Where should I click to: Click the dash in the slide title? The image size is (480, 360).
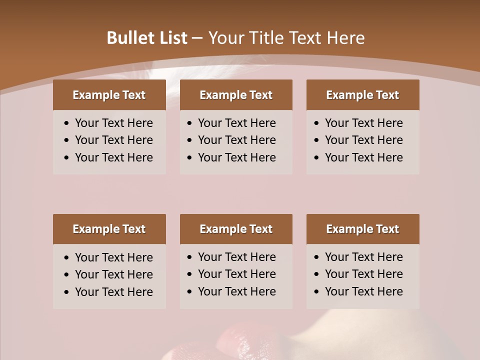tap(197, 38)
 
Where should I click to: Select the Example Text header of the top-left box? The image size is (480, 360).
tap(109, 95)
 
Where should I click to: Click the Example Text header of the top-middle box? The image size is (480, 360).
tap(236, 95)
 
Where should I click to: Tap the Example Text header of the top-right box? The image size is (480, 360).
tap(362, 95)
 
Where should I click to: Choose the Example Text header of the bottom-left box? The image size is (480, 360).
tap(109, 229)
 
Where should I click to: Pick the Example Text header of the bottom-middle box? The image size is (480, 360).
tap(236, 229)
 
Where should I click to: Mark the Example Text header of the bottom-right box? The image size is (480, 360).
tap(362, 229)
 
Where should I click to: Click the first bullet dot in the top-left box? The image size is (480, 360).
tap(67, 123)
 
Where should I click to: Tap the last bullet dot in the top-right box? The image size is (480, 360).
tap(317, 158)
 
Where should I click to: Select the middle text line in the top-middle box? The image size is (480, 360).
tap(236, 140)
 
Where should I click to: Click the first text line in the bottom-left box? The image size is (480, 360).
tap(114, 257)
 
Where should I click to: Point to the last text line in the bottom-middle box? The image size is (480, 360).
tap(236, 291)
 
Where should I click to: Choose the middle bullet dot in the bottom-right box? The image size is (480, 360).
tap(317, 274)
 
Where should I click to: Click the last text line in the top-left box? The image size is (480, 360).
tap(114, 157)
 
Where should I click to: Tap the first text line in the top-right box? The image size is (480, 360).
tap(363, 123)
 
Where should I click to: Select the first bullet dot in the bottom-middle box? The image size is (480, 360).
tap(190, 257)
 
